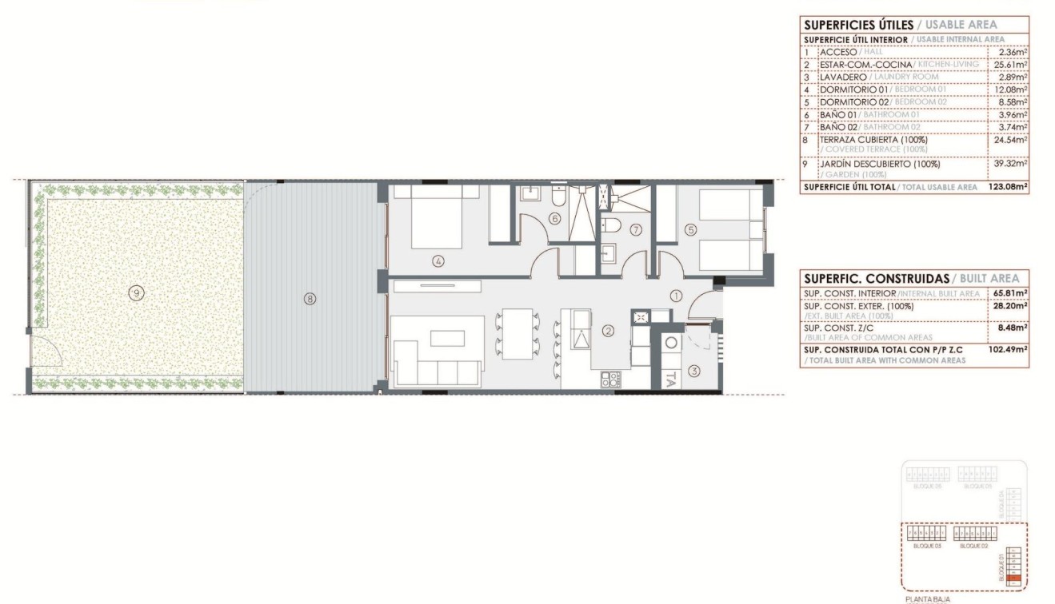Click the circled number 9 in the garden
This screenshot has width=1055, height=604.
[138, 293]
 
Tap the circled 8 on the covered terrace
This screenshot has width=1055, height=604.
[310, 299]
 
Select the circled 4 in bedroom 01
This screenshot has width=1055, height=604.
[438, 260]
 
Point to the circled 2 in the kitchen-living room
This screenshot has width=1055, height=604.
[608, 331]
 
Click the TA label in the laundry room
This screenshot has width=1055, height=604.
[671, 378]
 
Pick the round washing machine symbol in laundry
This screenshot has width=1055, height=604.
[671, 342]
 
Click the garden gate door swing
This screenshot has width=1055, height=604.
[42, 350]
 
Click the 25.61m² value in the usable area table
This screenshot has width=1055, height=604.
[1012, 65]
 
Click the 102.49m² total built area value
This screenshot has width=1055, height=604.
[1008, 348]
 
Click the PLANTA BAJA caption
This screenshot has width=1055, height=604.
[928, 597]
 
